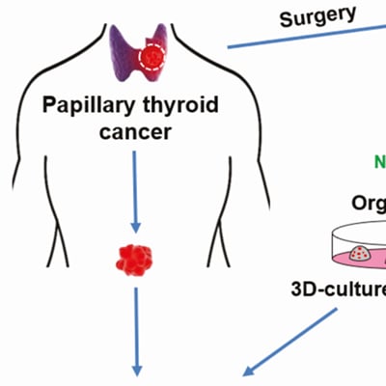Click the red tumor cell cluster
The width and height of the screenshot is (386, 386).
pos(135,258)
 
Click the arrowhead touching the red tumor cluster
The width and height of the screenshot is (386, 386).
pos(135,230)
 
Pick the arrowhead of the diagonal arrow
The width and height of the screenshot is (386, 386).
pos(249,371)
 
